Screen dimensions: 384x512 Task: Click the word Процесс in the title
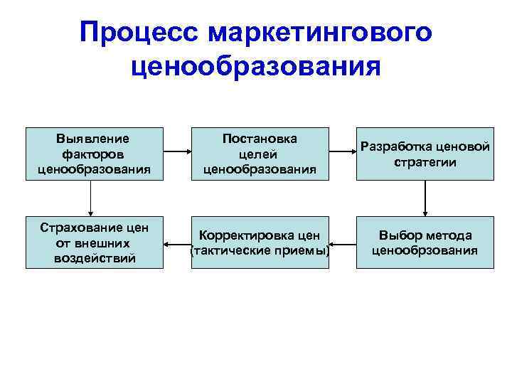[139, 32]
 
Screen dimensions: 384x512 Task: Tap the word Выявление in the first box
[93, 139]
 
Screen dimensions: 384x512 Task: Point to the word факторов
[93, 154]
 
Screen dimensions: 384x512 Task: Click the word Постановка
[260, 139]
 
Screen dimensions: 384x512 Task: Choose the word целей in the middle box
[260, 154]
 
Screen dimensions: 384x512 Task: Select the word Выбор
[398, 235]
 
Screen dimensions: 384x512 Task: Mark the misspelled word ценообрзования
[425, 250]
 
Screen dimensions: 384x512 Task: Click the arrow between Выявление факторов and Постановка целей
[176, 151]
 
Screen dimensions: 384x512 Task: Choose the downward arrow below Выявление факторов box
[91, 197]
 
